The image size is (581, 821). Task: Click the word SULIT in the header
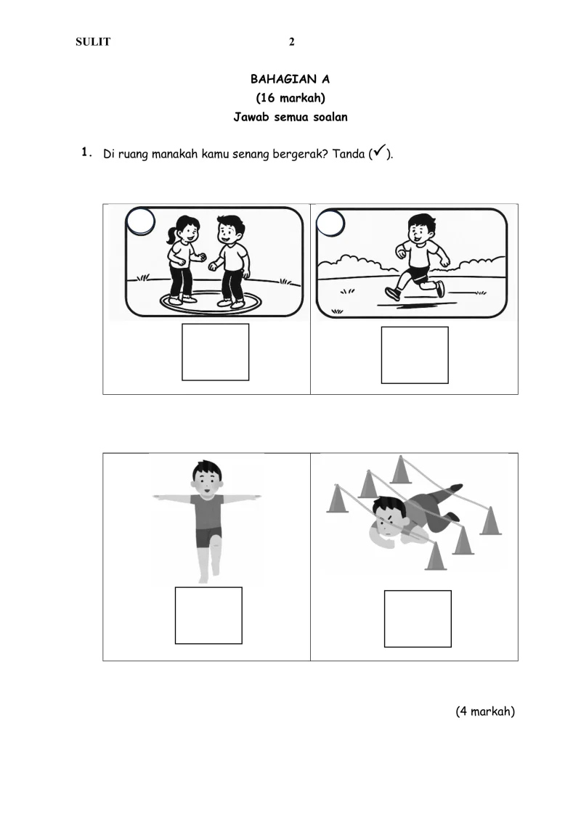[93, 42]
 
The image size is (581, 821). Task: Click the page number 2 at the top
[292, 42]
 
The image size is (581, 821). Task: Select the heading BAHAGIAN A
[290, 79]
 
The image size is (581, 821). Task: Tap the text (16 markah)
[290, 98]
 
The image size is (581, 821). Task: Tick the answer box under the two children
[215, 352]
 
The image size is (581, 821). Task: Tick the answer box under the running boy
[415, 355]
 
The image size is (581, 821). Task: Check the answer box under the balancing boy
[208, 616]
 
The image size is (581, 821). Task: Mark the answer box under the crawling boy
[418, 619]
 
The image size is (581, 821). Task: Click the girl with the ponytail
[182, 260]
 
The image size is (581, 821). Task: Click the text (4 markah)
[485, 711]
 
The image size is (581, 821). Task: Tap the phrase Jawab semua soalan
[290, 117]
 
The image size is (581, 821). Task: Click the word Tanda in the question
[349, 154]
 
